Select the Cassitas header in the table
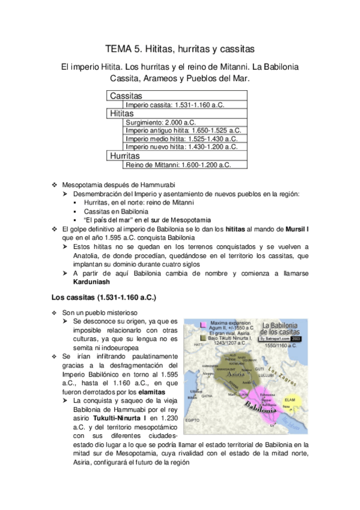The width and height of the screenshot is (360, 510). [126, 96]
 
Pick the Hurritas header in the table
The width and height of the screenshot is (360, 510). [124, 155]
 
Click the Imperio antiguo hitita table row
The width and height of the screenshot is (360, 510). [183, 130]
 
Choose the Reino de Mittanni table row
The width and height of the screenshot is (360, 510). [178, 165]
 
